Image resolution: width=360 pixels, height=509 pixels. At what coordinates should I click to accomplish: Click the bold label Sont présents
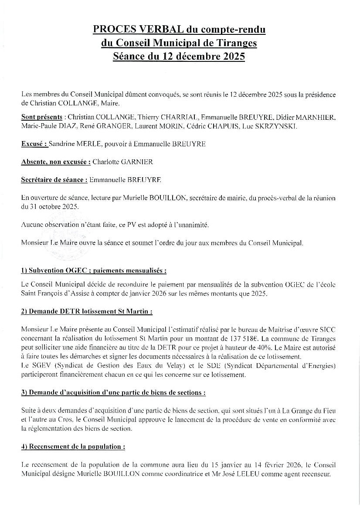(41, 118)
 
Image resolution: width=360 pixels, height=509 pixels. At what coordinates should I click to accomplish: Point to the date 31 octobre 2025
(50, 206)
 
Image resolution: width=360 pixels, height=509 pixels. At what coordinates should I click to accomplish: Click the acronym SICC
(327, 330)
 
